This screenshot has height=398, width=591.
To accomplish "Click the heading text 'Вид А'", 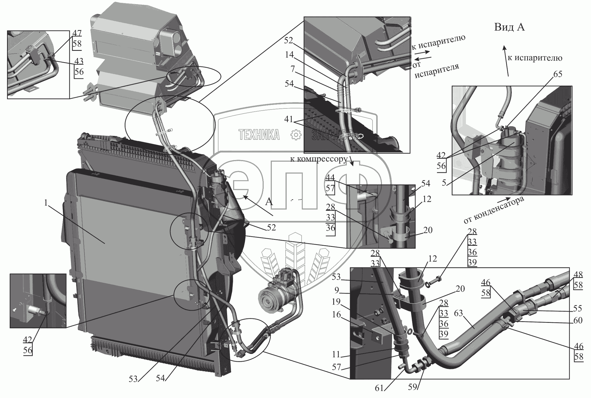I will point(509,27).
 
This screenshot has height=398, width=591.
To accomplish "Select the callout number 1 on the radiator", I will point(46,203).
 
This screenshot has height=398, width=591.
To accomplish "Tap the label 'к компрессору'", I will point(319,159).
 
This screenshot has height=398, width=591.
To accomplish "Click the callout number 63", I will point(459,314).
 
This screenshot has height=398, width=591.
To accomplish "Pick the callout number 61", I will point(379,388).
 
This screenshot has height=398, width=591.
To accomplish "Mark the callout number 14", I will point(289,55).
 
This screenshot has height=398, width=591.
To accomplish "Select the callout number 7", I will point(292,69).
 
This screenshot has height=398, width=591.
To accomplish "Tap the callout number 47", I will point(77,33).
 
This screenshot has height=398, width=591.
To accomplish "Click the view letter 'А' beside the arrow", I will point(269,201).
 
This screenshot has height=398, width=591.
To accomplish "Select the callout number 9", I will point(337,290).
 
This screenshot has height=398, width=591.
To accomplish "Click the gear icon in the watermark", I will point(295,135).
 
